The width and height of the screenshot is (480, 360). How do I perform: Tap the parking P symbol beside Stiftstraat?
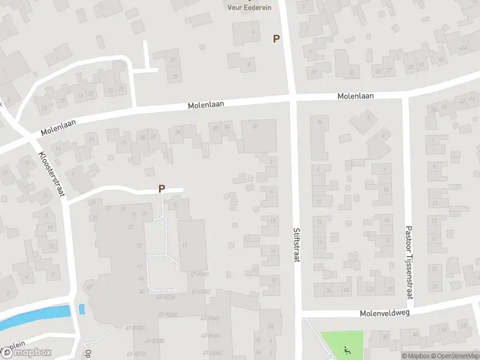pos(276,38)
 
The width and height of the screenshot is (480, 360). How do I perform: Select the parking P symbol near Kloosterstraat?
pos(161,188)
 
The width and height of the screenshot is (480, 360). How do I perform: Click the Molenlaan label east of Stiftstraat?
pos(355,96)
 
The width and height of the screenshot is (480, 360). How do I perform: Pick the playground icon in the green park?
pos(346,349)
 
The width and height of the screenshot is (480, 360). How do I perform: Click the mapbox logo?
pos(26,352)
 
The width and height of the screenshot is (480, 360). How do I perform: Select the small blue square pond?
pos(82,310)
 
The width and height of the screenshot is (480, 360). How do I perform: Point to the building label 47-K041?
pos(199,273)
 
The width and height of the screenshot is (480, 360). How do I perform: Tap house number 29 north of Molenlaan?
pos(175,76)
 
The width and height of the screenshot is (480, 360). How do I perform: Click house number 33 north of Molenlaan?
pos(351,73)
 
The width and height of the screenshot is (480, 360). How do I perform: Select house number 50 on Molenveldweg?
pos(385,337)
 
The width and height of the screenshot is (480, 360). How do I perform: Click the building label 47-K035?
pos(165,297)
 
